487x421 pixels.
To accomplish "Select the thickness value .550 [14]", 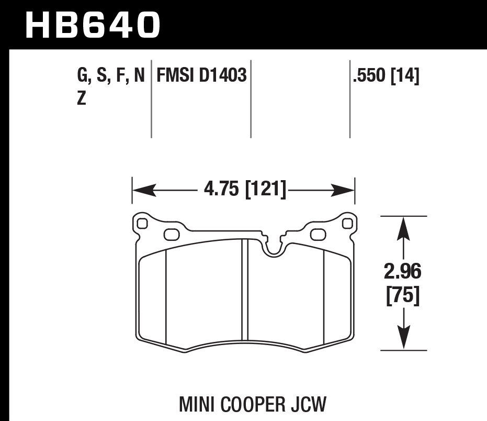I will tap(386, 76).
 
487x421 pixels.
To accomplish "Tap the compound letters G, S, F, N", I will tap(110, 76).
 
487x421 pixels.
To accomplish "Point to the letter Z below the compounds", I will tap(82, 98).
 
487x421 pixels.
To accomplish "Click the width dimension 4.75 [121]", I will tap(242, 189).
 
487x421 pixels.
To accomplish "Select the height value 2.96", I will tap(402, 272).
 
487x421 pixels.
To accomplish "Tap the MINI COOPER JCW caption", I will tap(253, 404).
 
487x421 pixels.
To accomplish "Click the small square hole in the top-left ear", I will tap(141, 224).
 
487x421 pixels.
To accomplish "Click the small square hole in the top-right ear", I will tap(346, 224).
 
